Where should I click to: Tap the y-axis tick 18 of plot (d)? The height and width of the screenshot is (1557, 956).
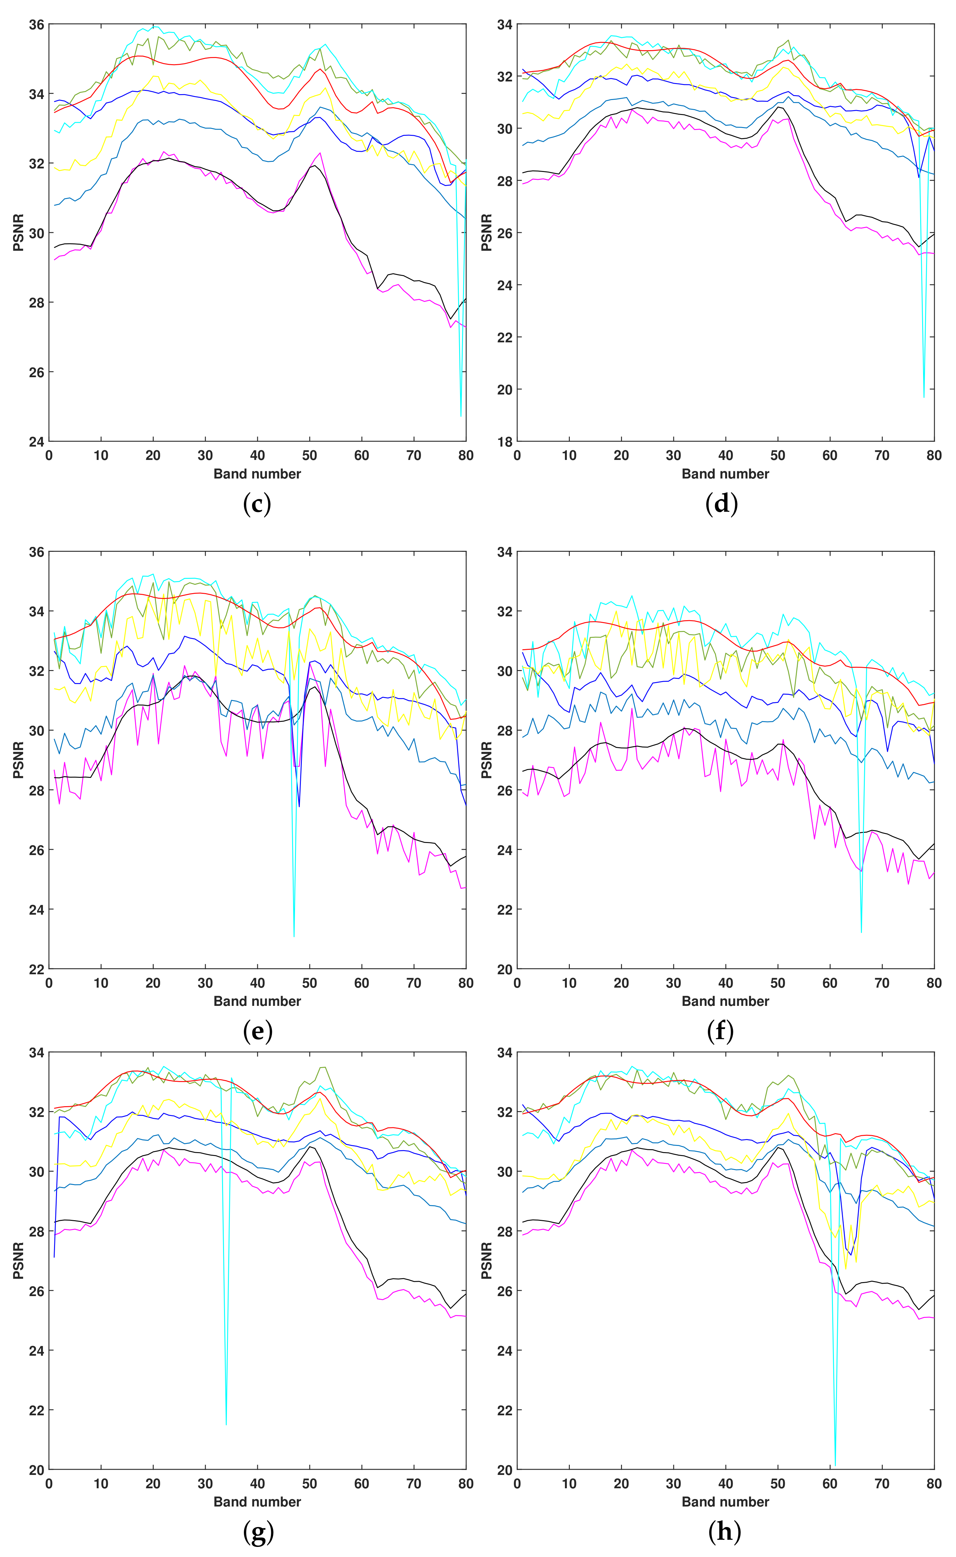(505, 441)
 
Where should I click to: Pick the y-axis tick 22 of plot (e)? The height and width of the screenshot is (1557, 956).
(37, 969)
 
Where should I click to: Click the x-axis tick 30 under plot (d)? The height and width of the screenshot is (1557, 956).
(673, 455)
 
